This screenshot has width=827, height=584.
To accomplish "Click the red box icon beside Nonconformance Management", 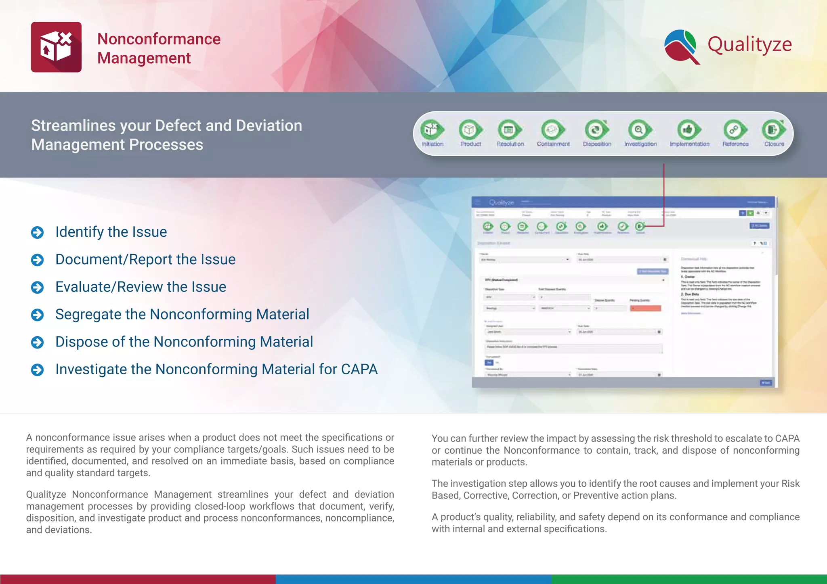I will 56,47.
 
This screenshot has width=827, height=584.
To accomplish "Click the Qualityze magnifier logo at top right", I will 682,46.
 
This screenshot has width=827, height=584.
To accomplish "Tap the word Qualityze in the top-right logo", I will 749,44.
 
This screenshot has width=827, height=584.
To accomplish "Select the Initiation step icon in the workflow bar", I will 431,130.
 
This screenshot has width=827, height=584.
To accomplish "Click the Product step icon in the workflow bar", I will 470,130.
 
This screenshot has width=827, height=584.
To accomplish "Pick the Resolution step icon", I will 509,130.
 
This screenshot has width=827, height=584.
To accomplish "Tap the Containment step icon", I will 552,130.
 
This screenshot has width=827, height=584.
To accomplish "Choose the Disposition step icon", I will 596,130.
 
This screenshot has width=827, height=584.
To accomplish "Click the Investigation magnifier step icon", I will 639,130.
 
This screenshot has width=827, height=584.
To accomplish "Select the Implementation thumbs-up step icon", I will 688,130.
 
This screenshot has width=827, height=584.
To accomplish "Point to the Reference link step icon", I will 735,130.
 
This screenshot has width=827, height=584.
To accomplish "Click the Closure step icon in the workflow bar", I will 773,130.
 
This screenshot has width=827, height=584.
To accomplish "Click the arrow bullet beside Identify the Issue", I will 38,232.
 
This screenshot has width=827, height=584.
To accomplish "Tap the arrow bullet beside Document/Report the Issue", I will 38,260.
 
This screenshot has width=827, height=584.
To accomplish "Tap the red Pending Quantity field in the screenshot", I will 645,308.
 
